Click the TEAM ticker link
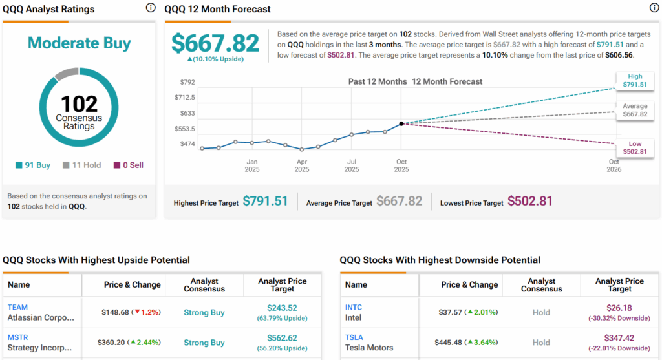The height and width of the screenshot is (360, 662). [18, 307]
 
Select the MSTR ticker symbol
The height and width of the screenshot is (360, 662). [19, 337]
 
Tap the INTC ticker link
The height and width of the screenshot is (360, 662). [354, 307]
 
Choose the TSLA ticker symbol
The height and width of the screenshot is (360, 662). [354, 337]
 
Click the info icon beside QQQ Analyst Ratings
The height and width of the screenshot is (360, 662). [151, 8]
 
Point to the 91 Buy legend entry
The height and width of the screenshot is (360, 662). [33, 165]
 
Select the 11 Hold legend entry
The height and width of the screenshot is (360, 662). [81, 165]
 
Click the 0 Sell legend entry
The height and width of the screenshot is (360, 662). [129, 165]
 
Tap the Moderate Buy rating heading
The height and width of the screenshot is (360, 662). [80, 43]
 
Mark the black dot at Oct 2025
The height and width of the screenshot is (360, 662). [401, 123]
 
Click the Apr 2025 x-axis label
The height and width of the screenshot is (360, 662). [302, 165]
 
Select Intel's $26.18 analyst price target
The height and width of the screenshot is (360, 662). [619, 308]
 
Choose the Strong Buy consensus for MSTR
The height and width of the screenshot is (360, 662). [204, 343]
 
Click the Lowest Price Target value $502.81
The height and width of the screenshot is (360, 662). [530, 201]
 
